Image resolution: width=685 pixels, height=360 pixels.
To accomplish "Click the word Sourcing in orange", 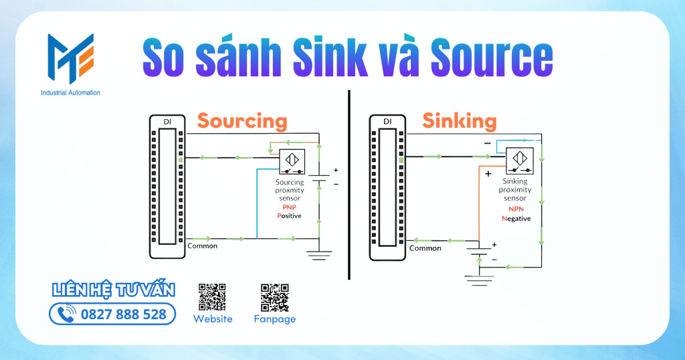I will tap(241, 121).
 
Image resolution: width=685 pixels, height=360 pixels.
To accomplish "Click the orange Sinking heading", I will tap(459, 120).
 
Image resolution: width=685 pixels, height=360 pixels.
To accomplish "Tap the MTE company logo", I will tap(70, 59).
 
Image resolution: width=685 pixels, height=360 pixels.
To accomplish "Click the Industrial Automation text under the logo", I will tap(70, 92).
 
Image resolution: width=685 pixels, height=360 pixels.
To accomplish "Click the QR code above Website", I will tap(212, 297).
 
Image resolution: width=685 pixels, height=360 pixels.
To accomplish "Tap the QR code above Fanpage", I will tap(274, 297).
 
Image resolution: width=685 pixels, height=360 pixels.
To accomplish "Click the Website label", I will tap(213, 319).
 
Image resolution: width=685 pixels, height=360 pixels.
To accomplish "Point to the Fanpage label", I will tap(274, 319).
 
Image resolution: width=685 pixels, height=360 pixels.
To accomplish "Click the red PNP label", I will tap(289, 207).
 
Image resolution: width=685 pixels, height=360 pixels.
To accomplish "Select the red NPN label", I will tap(515, 209).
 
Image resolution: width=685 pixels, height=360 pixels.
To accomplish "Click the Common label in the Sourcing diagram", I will tap(203, 246).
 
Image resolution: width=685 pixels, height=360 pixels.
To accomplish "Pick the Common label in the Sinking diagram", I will tap(425, 248).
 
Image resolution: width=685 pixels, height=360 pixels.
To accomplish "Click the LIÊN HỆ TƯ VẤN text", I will tap(114, 290).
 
